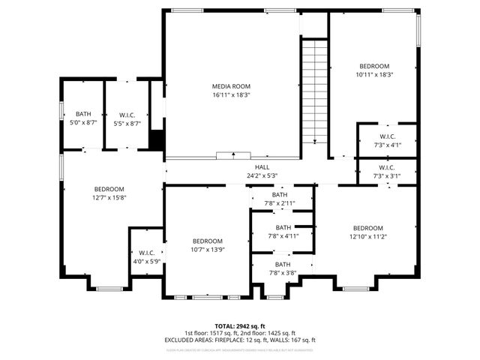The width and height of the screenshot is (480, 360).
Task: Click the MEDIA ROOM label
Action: [230, 86]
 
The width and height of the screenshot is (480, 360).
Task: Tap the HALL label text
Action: [262, 167]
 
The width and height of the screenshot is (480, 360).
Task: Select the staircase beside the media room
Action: [315, 90]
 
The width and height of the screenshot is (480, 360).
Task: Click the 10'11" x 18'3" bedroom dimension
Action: [374, 75]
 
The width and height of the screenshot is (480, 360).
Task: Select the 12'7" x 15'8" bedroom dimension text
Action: [109, 198]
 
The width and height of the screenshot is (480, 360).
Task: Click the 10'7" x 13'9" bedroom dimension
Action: [208, 250]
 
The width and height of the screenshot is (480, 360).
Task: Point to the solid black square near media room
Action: [157, 139]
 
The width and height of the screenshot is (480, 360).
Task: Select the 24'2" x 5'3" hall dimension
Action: [262, 176]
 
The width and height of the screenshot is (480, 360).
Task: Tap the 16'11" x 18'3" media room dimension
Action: [230, 95]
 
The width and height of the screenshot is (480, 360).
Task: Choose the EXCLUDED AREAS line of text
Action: [240, 340]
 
